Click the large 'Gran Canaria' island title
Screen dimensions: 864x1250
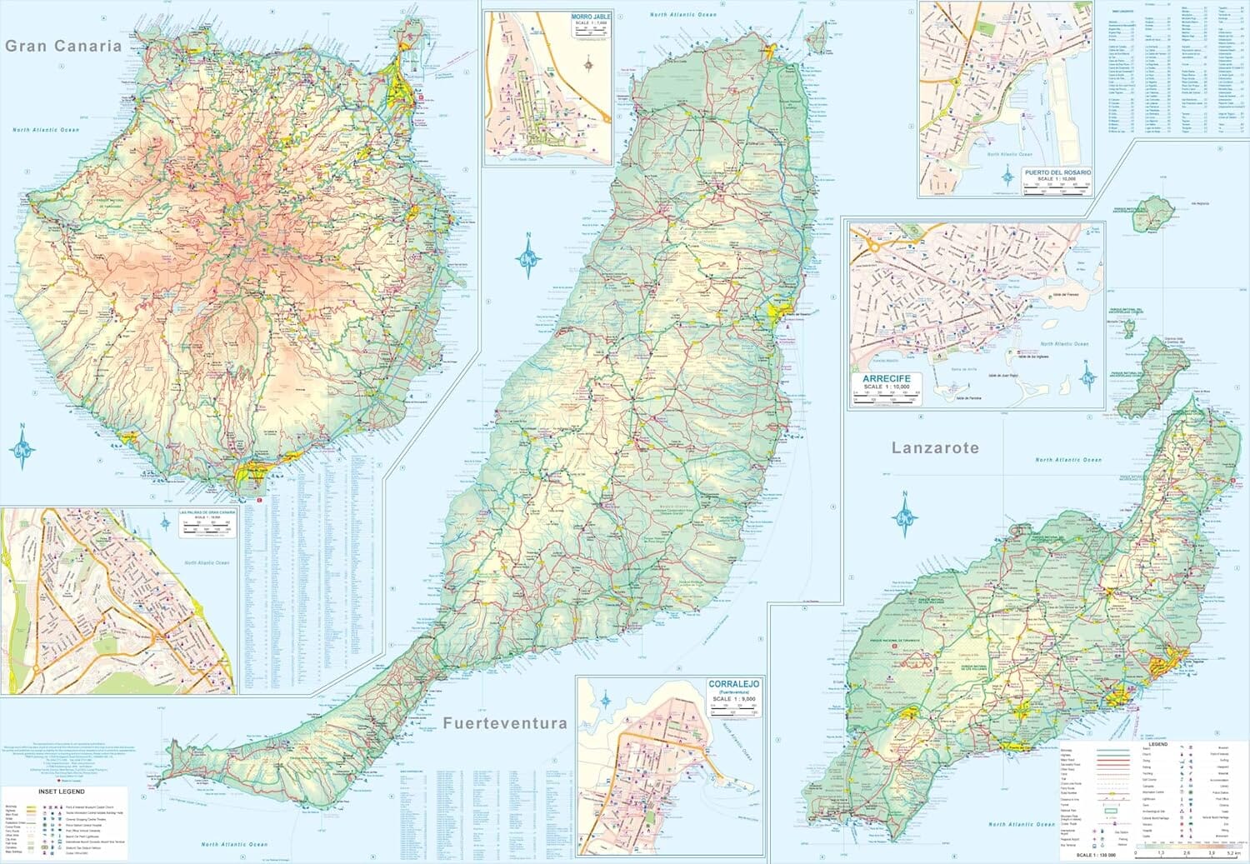[63, 47]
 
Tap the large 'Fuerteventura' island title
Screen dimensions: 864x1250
[505, 723]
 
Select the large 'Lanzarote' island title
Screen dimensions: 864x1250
[935, 448]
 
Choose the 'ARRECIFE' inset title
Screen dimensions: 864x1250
[887, 379]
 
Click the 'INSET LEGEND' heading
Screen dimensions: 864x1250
[62, 792]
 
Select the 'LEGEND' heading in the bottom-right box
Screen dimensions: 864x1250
[1158, 743]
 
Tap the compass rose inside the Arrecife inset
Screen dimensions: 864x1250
[1087, 377]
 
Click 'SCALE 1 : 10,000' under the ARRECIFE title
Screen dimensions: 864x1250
[887, 387]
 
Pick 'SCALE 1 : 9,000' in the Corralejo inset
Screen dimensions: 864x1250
[734, 699]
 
